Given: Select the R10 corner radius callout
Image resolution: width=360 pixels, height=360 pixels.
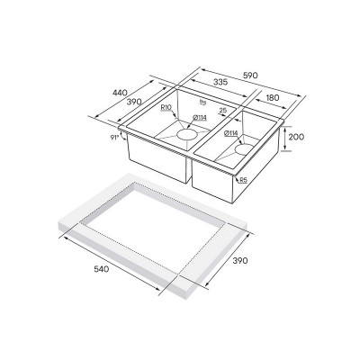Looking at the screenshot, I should click(167, 110).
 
